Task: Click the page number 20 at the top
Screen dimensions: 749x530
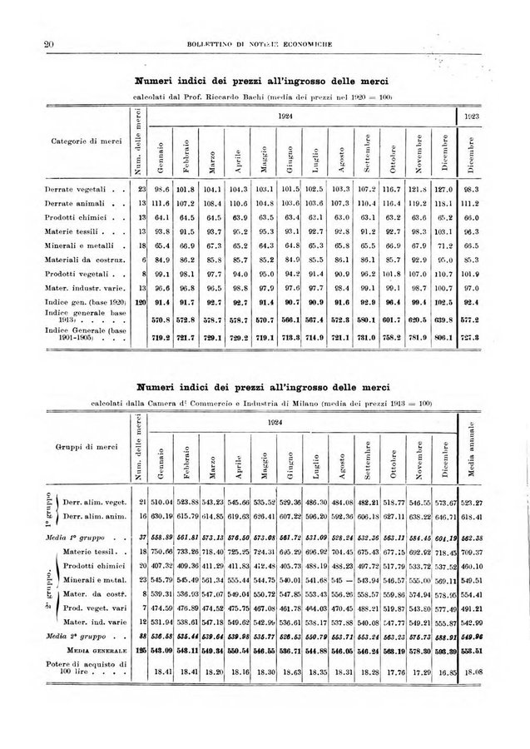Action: click(x=47, y=44)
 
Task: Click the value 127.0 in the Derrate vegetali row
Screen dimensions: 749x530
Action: click(x=444, y=190)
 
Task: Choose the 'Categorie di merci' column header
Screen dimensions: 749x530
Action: click(x=77, y=143)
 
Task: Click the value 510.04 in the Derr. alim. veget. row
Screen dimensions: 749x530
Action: click(x=161, y=502)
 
